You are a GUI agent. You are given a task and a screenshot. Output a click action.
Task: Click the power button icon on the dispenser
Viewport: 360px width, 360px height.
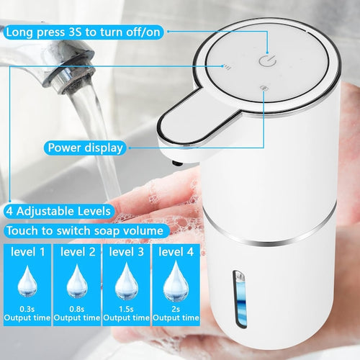coord(267,60)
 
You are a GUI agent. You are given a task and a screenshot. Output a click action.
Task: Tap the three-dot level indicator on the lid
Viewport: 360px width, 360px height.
coord(227,67)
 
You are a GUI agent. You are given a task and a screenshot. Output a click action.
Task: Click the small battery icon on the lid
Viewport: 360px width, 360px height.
coord(264,88)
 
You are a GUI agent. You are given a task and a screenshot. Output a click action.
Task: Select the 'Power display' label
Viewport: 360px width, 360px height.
coord(85,148)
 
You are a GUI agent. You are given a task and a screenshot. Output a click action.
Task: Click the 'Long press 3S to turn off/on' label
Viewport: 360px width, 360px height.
coord(84,32)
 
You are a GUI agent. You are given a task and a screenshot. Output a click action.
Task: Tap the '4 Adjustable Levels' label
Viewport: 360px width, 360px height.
coord(58,211)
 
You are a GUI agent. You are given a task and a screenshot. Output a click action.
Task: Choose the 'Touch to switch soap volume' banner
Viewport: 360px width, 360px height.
coord(85,230)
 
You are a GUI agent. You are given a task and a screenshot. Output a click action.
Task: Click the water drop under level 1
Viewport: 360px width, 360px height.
coord(27,282)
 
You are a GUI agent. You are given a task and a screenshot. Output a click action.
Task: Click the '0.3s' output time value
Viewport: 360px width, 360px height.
coord(27,309)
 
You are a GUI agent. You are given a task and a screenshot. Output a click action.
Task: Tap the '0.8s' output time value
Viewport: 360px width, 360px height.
coord(77,309)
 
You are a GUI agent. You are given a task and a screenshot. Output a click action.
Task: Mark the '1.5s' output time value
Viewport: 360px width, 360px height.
coord(126,309)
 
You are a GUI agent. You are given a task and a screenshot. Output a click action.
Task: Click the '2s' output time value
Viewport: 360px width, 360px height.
coord(176,309)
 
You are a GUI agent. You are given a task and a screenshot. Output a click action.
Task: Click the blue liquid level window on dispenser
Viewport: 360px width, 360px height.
coord(240,299)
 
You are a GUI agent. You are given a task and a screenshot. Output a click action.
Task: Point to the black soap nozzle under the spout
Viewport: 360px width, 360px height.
coord(177,163)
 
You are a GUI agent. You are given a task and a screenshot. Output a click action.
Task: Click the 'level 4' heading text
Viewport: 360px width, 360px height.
coord(176,252)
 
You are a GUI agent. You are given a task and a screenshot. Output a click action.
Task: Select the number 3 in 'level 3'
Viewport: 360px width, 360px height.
coord(140,252)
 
